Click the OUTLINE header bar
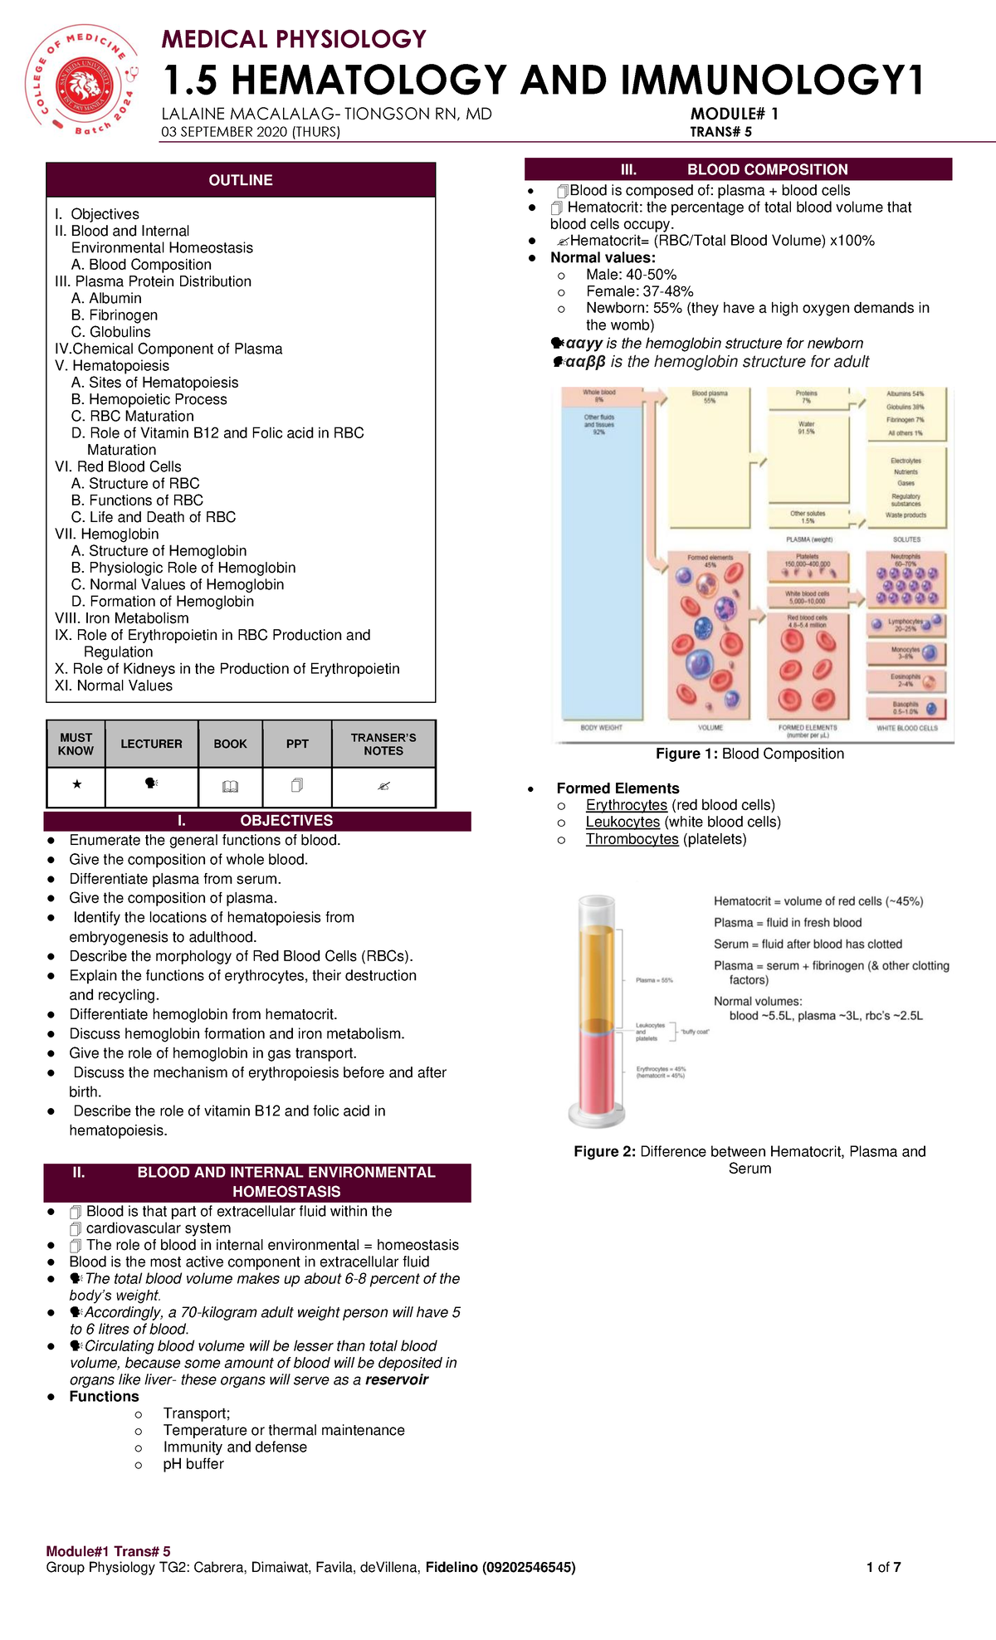(x=241, y=180)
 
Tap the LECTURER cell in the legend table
(x=151, y=744)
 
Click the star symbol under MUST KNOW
(x=76, y=784)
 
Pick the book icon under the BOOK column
(x=230, y=786)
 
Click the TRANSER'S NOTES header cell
(x=383, y=744)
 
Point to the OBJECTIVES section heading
(x=286, y=821)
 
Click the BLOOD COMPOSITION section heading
(x=767, y=169)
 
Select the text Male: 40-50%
(x=631, y=275)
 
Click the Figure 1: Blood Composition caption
(x=749, y=754)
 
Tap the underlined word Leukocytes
(x=622, y=822)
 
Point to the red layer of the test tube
(x=597, y=1071)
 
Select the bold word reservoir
(x=397, y=1379)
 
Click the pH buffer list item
(x=193, y=1464)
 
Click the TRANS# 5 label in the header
(x=720, y=131)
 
